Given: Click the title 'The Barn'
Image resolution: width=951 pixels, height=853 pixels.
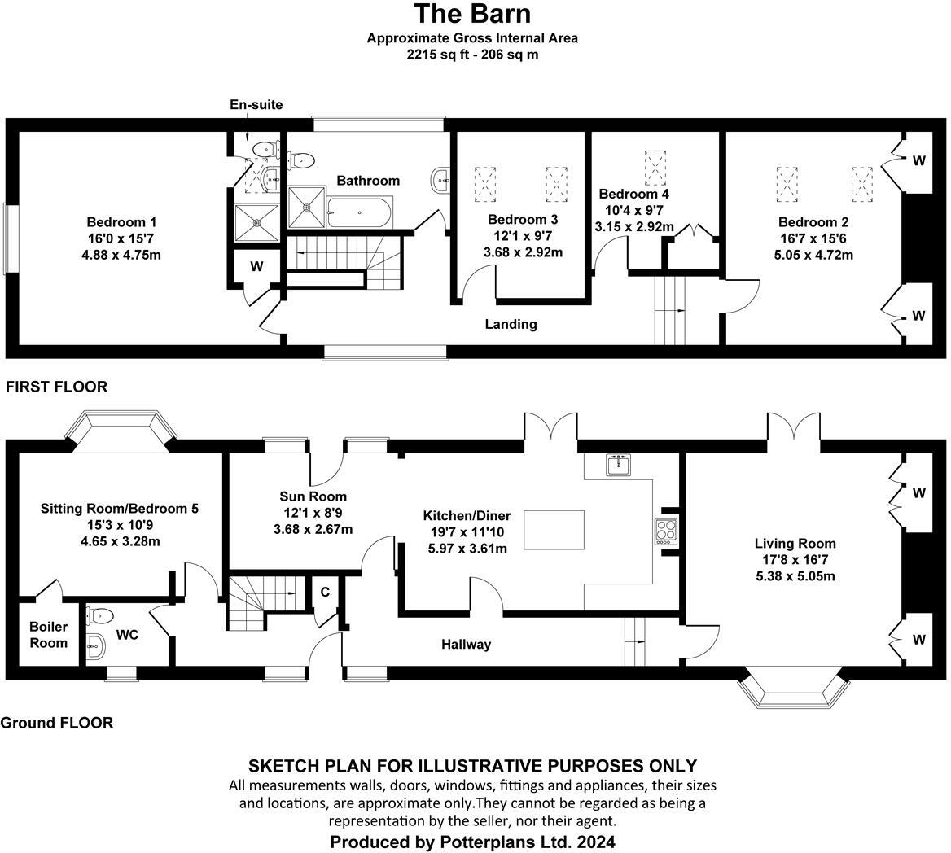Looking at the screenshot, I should tap(472, 14).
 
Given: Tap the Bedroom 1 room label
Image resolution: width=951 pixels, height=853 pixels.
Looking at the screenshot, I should tap(121, 222).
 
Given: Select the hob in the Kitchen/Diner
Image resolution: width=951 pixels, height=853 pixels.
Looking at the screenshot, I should tap(665, 531).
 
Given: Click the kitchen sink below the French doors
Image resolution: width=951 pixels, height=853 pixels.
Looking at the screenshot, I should tap(619, 465).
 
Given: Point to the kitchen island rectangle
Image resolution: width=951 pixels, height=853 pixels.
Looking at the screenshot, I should tap(554, 530).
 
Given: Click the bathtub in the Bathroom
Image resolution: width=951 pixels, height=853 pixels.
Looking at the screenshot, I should tap(359, 213).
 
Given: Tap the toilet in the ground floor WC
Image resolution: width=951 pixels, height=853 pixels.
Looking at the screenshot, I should tap(102, 615).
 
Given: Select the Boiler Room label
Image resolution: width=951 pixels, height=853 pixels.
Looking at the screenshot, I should tap(49, 635).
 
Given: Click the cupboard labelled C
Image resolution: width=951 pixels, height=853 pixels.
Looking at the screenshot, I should tap(324, 592).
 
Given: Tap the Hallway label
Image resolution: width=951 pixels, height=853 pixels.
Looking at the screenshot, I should tap(467, 645).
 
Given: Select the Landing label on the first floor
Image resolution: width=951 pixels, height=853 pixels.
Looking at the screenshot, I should tap(511, 324).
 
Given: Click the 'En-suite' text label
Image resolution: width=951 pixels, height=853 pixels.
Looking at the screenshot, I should tap(256, 105).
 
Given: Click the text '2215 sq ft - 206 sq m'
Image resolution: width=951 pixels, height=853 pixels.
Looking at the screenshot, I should tap(472, 55).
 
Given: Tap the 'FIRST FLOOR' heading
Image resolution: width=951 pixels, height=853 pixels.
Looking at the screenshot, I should tap(56, 387).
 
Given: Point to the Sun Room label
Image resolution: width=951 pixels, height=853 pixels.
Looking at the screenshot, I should tap(313, 496).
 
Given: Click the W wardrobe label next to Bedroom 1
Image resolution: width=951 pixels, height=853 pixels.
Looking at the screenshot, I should tap(256, 265).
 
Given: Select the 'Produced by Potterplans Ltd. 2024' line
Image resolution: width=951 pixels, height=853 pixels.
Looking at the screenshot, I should tap(472, 842).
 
